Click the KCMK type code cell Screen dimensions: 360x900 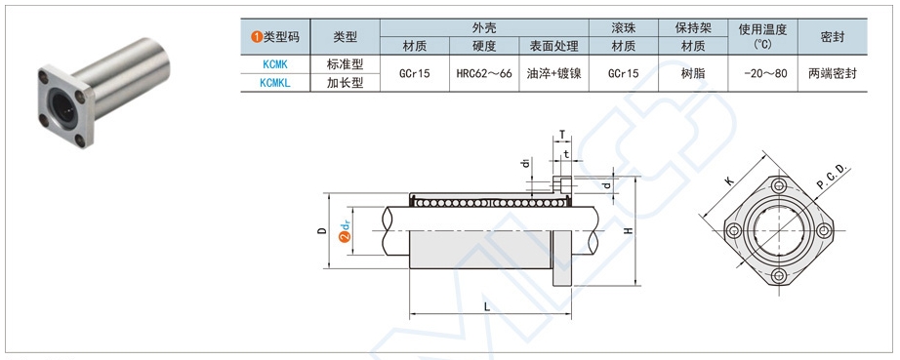[275, 63]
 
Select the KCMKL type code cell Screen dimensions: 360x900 [275, 83]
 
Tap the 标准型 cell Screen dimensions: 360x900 [345, 63]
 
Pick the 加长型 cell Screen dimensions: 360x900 [345, 83]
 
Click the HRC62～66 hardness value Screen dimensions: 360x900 [484, 73]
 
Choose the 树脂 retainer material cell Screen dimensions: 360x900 [693, 73]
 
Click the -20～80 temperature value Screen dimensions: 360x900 [764, 73]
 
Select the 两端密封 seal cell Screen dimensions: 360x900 [833, 73]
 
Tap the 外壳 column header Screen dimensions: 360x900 [484, 27]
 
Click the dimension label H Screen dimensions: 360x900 [630, 231]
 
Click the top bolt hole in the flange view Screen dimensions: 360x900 [778, 186]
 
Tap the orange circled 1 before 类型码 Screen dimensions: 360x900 [256, 36]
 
